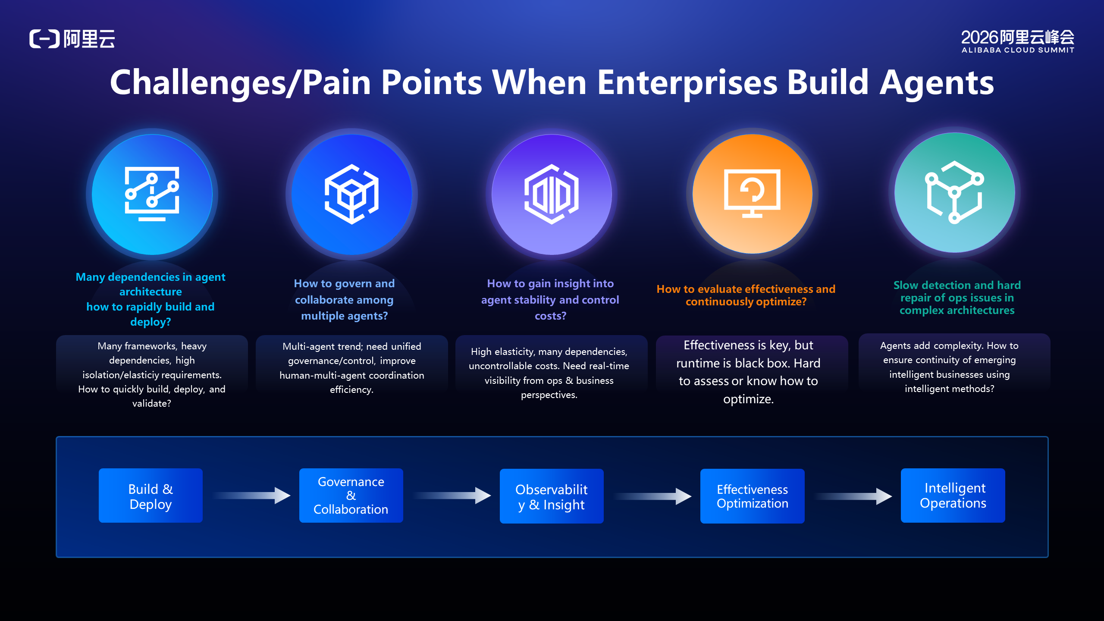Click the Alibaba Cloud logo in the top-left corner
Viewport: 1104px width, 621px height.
click(x=72, y=39)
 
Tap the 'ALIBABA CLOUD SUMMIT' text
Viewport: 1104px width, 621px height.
click(x=1018, y=50)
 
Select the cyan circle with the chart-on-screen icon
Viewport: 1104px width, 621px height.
click(x=152, y=194)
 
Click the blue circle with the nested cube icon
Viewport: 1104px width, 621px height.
click(x=351, y=194)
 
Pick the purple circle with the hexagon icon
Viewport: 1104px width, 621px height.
click(x=552, y=194)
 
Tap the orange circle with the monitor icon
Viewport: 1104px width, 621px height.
click(x=752, y=194)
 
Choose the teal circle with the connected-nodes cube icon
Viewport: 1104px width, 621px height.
click(x=954, y=192)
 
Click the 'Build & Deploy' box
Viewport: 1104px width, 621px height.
click(x=151, y=496)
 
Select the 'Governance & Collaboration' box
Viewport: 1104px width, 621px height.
click(x=351, y=496)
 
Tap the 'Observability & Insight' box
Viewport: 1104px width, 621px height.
click(x=552, y=496)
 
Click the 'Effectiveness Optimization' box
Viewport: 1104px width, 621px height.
click(x=753, y=496)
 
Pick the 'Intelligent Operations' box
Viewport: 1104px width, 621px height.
click(x=953, y=496)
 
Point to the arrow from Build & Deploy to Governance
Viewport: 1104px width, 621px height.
click(x=251, y=496)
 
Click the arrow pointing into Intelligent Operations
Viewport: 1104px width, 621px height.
click(x=853, y=496)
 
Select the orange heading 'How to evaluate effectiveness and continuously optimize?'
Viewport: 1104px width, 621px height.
click(x=746, y=295)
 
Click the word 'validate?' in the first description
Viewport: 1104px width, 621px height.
click(x=151, y=404)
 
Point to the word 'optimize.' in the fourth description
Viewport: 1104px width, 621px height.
click(x=749, y=399)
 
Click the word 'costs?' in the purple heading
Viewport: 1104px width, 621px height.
click(x=551, y=316)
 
